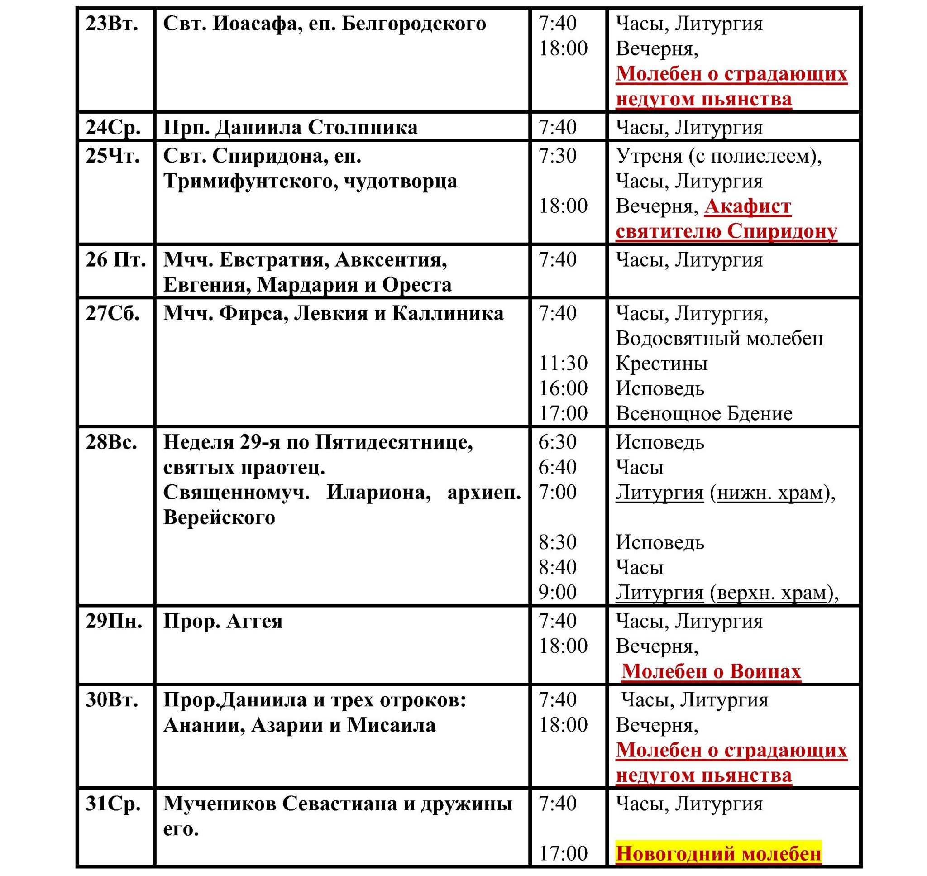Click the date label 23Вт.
click(111, 24)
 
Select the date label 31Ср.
click(113, 804)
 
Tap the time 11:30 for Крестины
click(563, 364)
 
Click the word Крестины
click(661, 364)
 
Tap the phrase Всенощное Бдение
click(704, 414)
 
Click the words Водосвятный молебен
click(719, 339)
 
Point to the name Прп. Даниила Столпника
click(290, 128)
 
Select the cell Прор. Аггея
click(223, 622)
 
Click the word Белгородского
click(414, 24)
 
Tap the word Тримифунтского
click(250, 181)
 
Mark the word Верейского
click(220, 517)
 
